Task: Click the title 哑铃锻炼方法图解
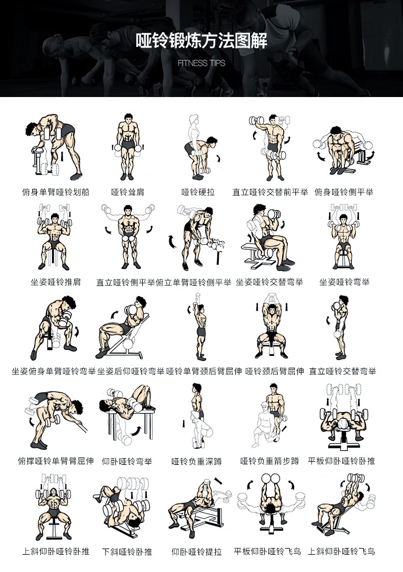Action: (x=202, y=41)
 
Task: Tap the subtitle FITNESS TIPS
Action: (x=202, y=63)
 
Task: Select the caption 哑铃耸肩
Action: (x=128, y=192)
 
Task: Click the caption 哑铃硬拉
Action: (x=198, y=192)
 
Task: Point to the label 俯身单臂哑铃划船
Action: (x=56, y=192)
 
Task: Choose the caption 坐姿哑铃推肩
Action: (x=56, y=281)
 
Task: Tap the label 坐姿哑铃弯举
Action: (x=344, y=281)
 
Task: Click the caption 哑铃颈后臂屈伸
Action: (x=275, y=371)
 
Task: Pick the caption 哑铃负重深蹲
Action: (x=197, y=462)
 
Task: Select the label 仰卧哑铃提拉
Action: (x=197, y=552)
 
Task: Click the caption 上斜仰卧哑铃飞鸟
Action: (x=341, y=551)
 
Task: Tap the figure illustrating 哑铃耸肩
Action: (x=128, y=147)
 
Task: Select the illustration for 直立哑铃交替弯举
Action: (x=339, y=327)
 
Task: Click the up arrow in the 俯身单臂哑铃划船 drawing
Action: (x=63, y=156)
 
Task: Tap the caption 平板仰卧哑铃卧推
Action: (x=341, y=461)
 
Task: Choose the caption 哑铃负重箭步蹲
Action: (x=270, y=461)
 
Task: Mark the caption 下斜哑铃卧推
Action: (x=127, y=552)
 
